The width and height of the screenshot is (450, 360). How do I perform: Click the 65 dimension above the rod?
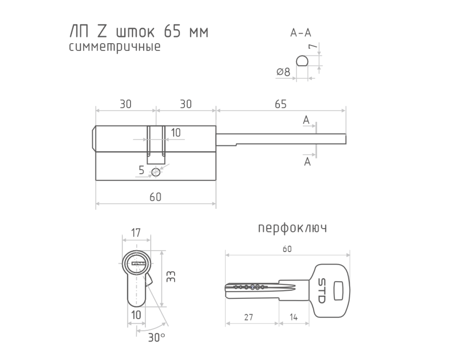coord(281,104)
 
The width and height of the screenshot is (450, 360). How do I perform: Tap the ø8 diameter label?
coord(283,72)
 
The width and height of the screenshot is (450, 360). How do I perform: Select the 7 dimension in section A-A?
coord(313,46)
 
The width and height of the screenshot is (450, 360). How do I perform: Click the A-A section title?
coord(301,33)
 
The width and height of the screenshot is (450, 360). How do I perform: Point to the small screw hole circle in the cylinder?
coord(156,173)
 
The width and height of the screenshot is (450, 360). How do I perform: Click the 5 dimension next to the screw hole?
coord(142,170)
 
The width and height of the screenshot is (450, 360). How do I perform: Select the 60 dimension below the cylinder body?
coord(155,197)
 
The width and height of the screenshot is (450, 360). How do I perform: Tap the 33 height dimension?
coord(171,277)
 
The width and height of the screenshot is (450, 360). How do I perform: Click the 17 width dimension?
coord(136,233)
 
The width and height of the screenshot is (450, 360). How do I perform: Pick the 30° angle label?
coord(157,337)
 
